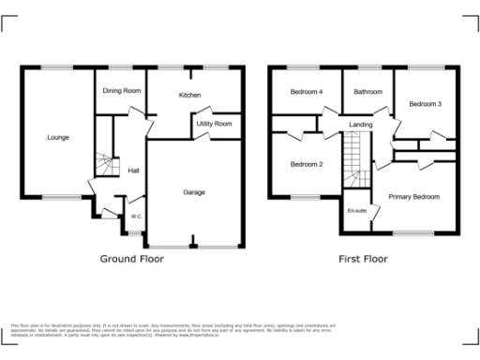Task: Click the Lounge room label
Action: (x=58, y=138)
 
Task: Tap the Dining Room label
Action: (x=122, y=91)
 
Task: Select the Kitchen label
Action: (x=190, y=96)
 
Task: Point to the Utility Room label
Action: (x=214, y=124)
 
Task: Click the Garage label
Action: (x=194, y=193)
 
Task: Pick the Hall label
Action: (x=134, y=171)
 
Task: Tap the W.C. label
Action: (x=136, y=217)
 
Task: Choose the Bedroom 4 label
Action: (x=307, y=92)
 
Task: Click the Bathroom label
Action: (x=367, y=92)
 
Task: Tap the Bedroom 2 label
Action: (x=306, y=165)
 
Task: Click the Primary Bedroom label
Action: (x=413, y=197)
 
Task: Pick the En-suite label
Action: (x=357, y=211)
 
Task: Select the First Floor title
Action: (x=363, y=258)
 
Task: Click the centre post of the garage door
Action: (x=194, y=246)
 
